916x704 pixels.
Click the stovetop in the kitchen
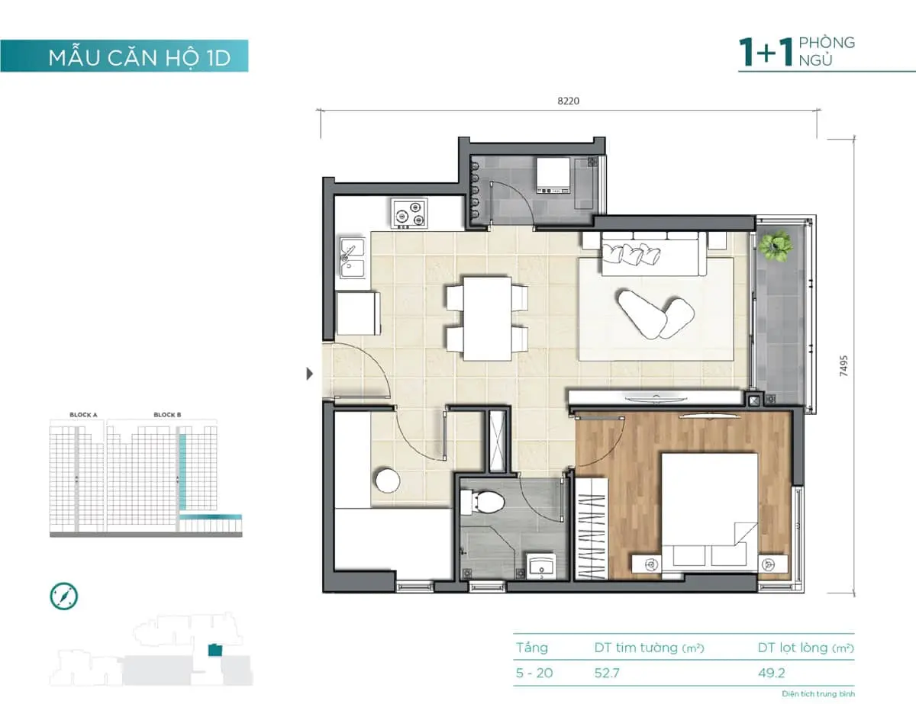point(410,213)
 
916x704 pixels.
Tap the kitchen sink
point(352,257)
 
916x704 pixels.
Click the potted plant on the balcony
point(775,246)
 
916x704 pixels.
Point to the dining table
point(487,318)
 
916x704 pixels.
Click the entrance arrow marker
point(309,374)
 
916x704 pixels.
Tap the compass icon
point(64,596)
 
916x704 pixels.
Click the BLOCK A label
point(83,415)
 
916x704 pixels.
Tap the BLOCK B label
point(167,415)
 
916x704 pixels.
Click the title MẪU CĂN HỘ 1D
point(139,58)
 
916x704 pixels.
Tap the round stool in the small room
point(387,481)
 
